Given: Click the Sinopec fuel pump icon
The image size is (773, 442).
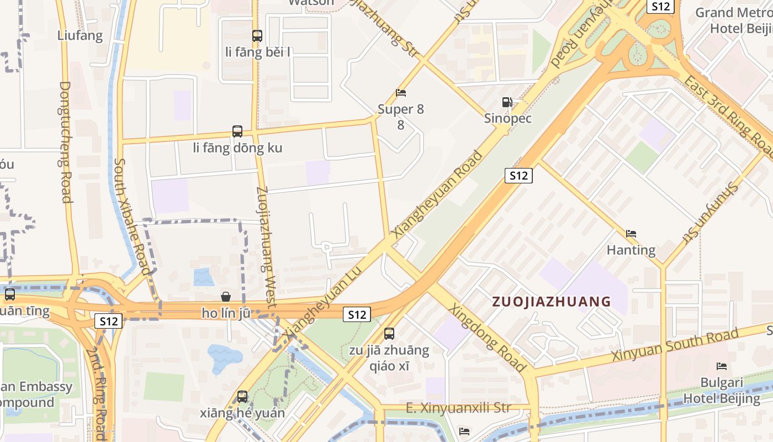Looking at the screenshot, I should click(x=507, y=102).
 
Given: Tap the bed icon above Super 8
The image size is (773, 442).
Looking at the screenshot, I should click(x=401, y=93).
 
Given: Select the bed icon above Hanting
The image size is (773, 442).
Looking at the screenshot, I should click(x=631, y=234).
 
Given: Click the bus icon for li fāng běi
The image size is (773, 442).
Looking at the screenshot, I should click(x=257, y=36).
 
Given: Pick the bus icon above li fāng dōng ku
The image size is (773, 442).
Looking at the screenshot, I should click(x=237, y=131).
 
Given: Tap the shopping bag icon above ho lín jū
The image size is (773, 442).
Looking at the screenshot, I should click(x=225, y=297).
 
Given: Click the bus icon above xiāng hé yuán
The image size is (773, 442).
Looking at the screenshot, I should click(x=242, y=396).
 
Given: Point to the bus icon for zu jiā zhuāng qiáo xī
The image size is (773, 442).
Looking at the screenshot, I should click(x=389, y=333).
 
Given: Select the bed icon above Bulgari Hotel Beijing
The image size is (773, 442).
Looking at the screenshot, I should click(x=721, y=366).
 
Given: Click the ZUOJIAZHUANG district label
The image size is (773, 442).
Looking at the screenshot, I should click(x=551, y=302).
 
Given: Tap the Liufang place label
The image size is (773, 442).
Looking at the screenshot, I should click(x=80, y=36).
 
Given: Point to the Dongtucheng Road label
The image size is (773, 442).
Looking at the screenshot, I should click(x=66, y=142).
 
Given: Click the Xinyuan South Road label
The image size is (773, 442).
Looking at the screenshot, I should click(x=675, y=345).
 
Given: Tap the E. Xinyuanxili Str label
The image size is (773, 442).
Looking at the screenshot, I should click(x=458, y=408).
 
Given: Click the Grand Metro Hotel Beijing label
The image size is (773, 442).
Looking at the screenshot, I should click(x=733, y=20).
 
